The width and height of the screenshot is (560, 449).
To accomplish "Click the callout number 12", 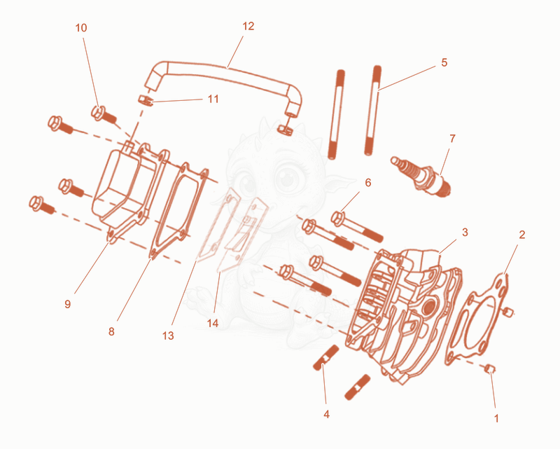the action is coord(248,26).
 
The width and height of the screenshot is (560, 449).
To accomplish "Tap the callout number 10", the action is coord(81,28).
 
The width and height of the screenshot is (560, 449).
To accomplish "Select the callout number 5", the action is coord(444,62).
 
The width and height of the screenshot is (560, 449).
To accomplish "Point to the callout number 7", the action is coord(452,139).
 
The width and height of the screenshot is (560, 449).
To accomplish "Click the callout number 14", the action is coord(213,323).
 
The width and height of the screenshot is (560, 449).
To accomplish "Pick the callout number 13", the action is coord(168,336).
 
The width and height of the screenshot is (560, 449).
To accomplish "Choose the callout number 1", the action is coord(496,418).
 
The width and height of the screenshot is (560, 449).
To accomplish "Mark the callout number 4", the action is coord(326,414).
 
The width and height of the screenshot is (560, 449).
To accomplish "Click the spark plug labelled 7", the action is coord(421,177).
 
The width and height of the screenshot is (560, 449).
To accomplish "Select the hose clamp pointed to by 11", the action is coord(145,99).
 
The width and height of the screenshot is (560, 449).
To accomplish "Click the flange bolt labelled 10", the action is coord(104,114).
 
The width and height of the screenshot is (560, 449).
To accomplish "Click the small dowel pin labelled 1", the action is coord(489,368).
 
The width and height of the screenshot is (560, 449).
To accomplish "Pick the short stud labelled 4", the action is coord(325,357).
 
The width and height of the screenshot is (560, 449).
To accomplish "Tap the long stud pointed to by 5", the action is coord(372,110).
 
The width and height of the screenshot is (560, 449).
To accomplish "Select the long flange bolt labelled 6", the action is coord(357,226).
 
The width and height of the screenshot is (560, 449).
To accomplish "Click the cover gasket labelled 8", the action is coord(178,211).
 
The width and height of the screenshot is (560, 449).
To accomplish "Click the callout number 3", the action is coord(465,233).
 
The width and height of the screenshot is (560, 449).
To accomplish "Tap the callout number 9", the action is coord(67,304).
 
